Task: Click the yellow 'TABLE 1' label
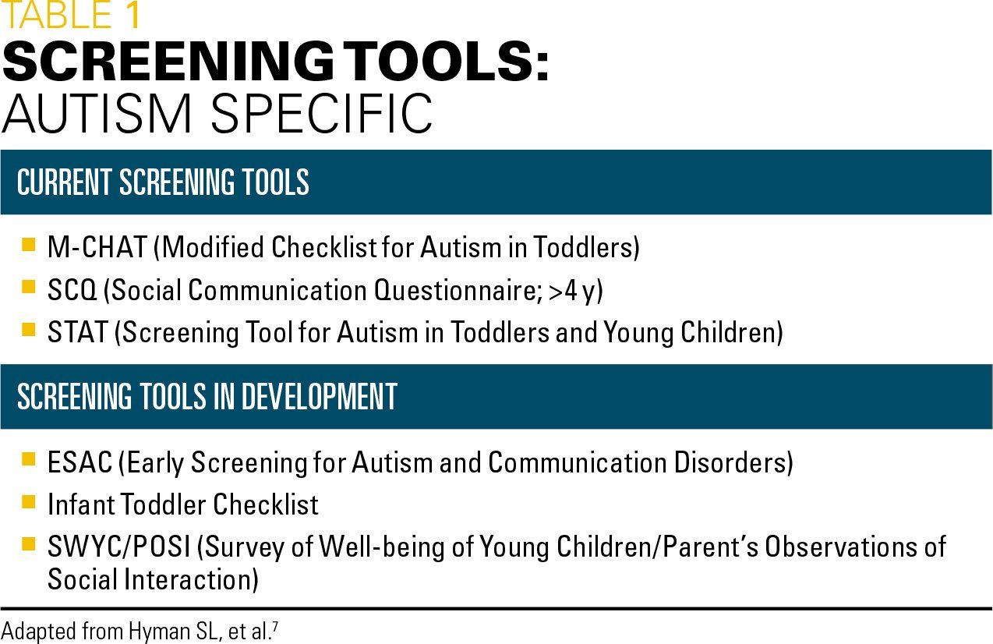point(72,15)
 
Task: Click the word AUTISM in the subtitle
point(97,114)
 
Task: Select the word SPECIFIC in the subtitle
point(321,114)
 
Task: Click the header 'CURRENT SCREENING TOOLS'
point(163,182)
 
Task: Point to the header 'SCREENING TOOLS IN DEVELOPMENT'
point(207,396)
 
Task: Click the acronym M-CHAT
point(97,246)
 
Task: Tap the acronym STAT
point(78,332)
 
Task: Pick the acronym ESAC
point(80,462)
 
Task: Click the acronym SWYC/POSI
point(118,546)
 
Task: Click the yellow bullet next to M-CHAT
point(28,244)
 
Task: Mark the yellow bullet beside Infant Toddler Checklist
point(28,502)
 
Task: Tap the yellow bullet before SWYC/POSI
point(28,543)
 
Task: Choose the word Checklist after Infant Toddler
point(266,504)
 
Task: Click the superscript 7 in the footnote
point(275,626)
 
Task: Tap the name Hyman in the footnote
point(159,632)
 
